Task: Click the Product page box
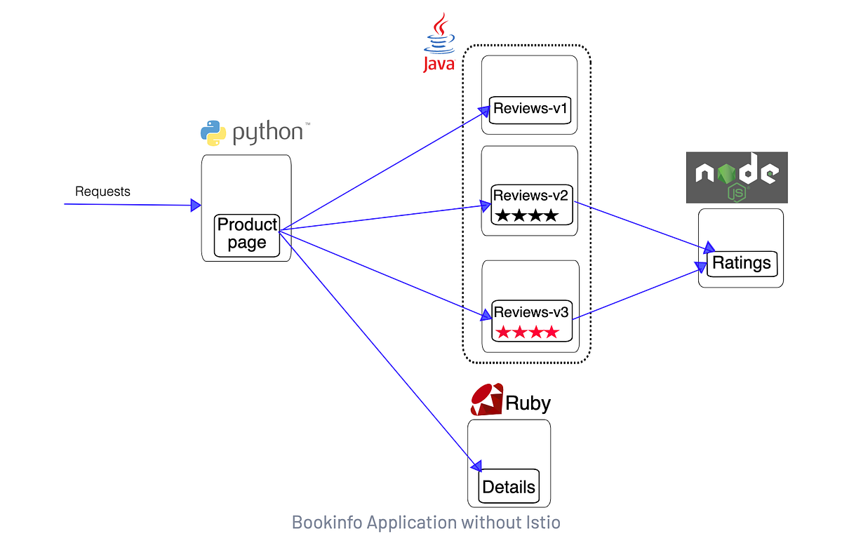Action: (247, 236)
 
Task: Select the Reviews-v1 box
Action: (530, 110)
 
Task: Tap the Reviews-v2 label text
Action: (530, 196)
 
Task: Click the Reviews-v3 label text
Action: (531, 312)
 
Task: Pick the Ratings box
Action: (742, 264)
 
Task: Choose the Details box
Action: (509, 486)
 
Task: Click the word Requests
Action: (102, 192)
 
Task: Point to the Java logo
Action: (439, 43)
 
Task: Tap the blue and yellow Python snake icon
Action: (213, 133)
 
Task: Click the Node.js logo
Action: (737, 177)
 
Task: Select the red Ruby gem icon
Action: (487, 400)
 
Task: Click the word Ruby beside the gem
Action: (528, 403)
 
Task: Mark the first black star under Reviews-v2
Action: (502, 215)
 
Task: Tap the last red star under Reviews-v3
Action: (552, 333)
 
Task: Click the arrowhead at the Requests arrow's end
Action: (196, 206)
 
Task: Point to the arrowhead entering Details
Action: (476, 466)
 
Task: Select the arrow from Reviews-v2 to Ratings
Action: (644, 227)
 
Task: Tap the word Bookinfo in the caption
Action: (327, 523)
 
